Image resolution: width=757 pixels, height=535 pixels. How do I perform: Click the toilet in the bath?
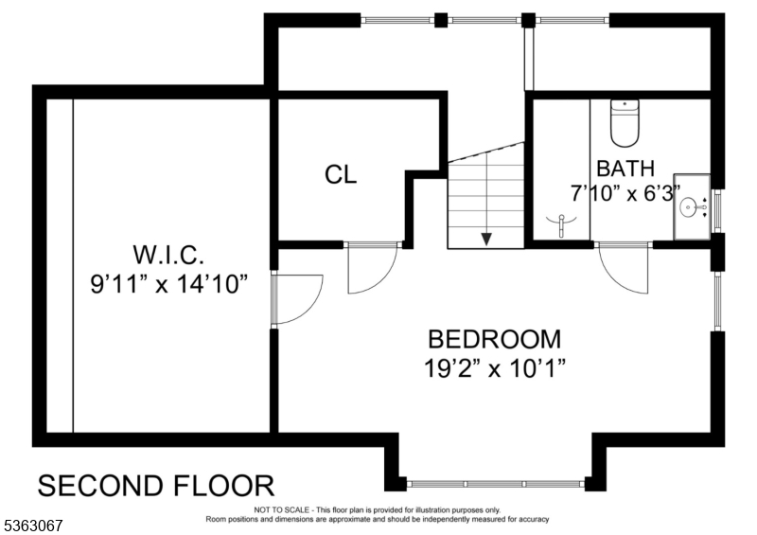625,124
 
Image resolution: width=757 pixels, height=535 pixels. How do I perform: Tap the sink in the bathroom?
693,204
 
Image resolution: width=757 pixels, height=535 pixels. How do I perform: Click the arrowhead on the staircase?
486,239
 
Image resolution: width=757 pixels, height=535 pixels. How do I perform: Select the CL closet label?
341,175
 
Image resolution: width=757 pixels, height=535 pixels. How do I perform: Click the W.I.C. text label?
167,254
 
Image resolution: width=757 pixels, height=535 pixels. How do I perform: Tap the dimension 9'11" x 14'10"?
167,283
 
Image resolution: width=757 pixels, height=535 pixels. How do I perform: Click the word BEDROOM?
494,339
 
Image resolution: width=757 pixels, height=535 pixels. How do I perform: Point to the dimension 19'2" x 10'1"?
494,368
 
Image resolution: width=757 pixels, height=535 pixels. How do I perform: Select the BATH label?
625,169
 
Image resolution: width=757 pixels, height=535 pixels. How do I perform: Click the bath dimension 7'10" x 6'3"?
625,193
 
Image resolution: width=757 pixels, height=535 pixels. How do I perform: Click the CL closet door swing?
371,267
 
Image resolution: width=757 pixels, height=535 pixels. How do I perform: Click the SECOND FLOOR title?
156,486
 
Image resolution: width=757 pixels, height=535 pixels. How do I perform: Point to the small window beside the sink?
716,209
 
